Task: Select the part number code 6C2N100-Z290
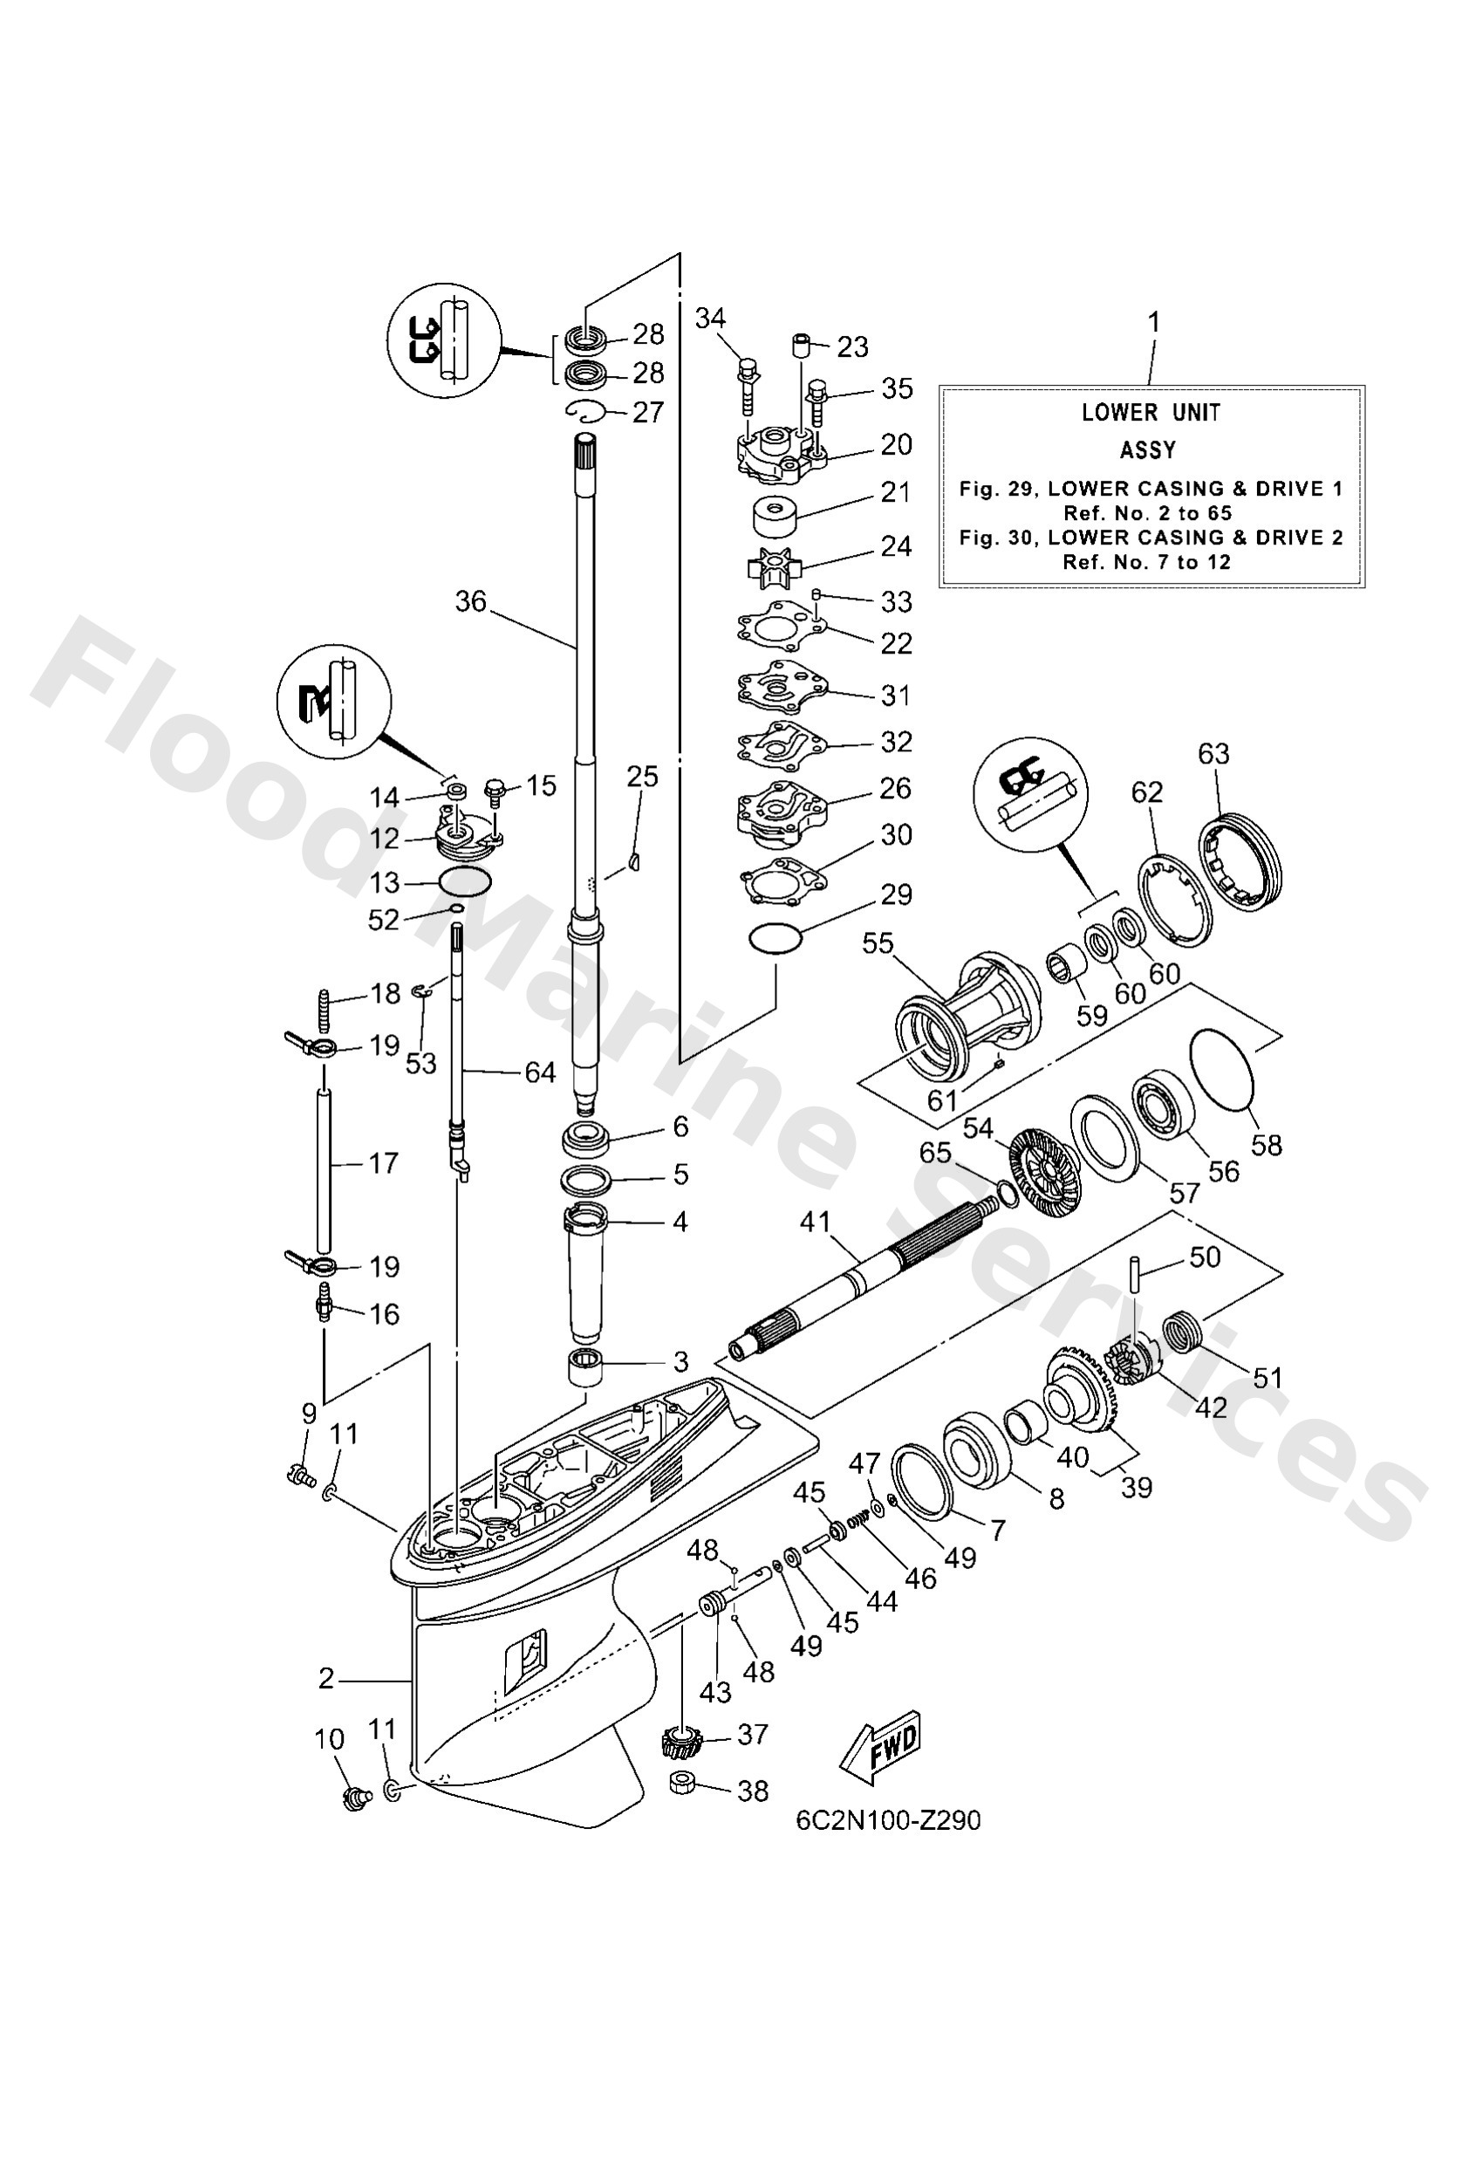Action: [888, 1820]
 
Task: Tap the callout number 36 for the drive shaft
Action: [470, 602]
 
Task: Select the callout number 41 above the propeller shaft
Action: [815, 1223]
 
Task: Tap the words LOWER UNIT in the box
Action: [1151, 413]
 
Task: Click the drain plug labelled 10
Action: [355, 1798]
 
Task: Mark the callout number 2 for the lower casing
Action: [326, 1679]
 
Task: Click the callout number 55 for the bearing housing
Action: [877, 943]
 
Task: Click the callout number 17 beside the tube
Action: [383, 1162]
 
